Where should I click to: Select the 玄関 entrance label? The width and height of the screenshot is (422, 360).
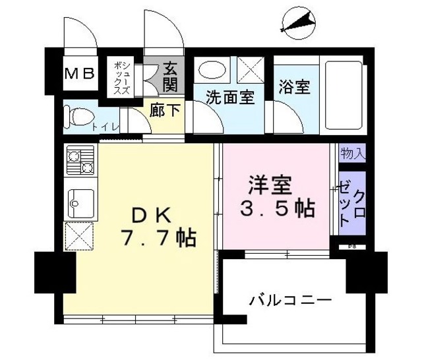coord(171,75)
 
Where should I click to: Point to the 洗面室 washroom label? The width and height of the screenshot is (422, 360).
coord(229,97)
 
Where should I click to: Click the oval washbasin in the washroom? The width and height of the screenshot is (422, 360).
coord(212,70)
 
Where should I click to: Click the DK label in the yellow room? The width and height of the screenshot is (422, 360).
coord(152,214)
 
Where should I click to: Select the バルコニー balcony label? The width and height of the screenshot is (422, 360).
coord(289,301)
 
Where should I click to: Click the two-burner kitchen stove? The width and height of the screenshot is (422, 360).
coord(80,160)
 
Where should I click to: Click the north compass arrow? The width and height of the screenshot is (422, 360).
coord(298,23)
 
